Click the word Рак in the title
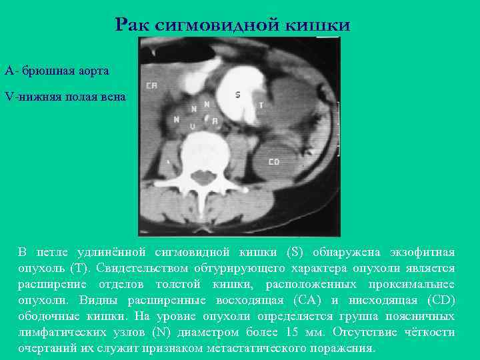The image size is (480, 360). pyautogui.click(x=131, y=25)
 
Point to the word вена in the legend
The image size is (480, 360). pyautogui.click(x=111, y=97)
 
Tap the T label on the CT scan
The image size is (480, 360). pyautogui.click(x=261, y=105)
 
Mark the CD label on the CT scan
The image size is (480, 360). pyautogui.click(x=273, y=162)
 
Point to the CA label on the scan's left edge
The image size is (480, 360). pyautogui.click(x=151, y=85)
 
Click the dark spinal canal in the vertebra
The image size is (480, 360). pyautogui.click(x=198, y=177)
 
